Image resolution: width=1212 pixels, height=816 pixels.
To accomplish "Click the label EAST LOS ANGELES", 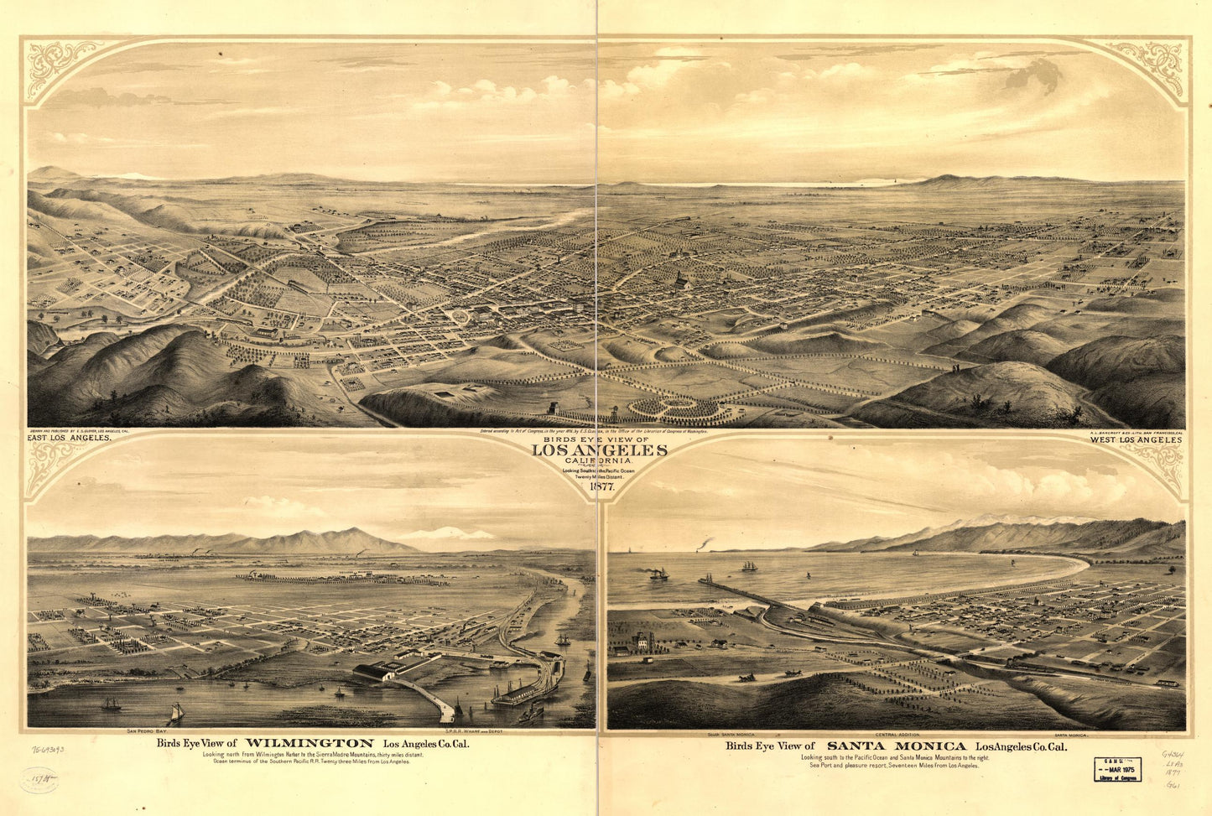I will (70, 438).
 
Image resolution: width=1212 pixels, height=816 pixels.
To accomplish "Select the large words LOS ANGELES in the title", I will (600, 450).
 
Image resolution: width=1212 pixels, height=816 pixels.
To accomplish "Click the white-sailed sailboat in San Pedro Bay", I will (176, 713).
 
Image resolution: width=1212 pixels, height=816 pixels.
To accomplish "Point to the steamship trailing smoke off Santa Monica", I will (658, 574).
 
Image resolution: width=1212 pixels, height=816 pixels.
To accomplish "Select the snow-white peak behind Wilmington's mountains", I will (445, 533).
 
